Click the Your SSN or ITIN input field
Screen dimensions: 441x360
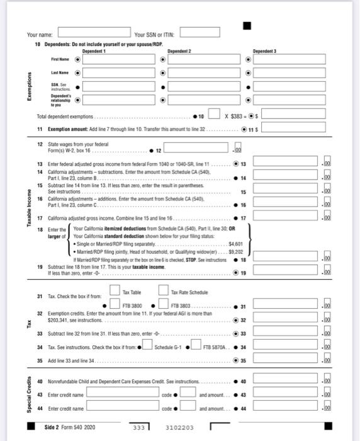201,32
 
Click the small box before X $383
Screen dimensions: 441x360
215,115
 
